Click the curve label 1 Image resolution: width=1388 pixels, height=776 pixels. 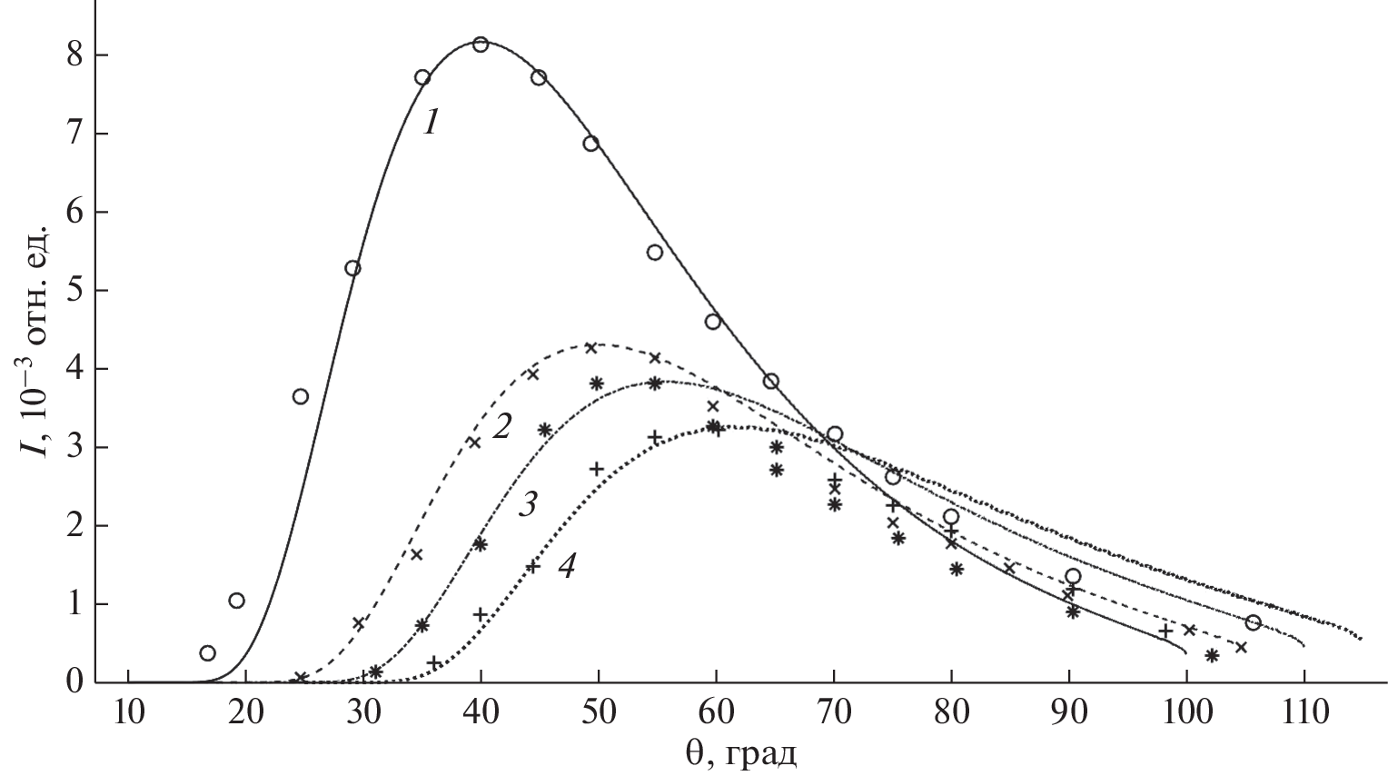(x=431, y=123)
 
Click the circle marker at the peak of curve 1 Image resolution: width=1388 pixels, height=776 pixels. (x=481, y=45)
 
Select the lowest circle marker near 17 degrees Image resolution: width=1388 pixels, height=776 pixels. (x=207, y=652)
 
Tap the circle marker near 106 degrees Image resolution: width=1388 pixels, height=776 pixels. (x=1254, y=622)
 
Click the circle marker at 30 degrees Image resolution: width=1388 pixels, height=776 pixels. (x=352, y=268)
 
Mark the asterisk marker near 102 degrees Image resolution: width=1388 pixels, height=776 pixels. (x=1211, y=655)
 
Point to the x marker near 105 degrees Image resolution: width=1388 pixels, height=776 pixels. (x=1241, y=647)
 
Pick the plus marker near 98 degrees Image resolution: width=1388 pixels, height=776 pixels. (x=1165, y=631)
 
